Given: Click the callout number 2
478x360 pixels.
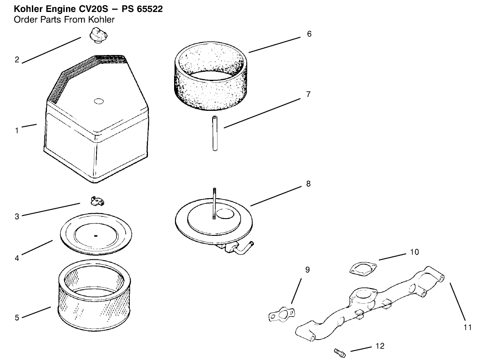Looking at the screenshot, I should pyautogui.click(x=17, y=60).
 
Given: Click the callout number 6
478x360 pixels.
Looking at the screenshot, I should pyautogui.click(x=309, y=34).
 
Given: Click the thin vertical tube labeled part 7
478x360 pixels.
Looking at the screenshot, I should pyautogui.click(x=215, y=133).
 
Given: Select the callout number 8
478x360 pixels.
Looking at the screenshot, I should pyautogui.click(x=308, y=184).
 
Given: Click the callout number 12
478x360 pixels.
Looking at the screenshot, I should pyautogui.click(x=380, y=346).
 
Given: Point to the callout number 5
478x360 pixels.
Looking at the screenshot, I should pyautogui.click(x=17, y=317).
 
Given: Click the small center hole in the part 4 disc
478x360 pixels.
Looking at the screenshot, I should pyautogui.click(x=95, y=235).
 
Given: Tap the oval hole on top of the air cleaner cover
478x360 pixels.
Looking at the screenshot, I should pyautogui.click(x=99, y=102).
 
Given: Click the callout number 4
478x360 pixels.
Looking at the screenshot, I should pyautogui.click(x=17, y=258).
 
